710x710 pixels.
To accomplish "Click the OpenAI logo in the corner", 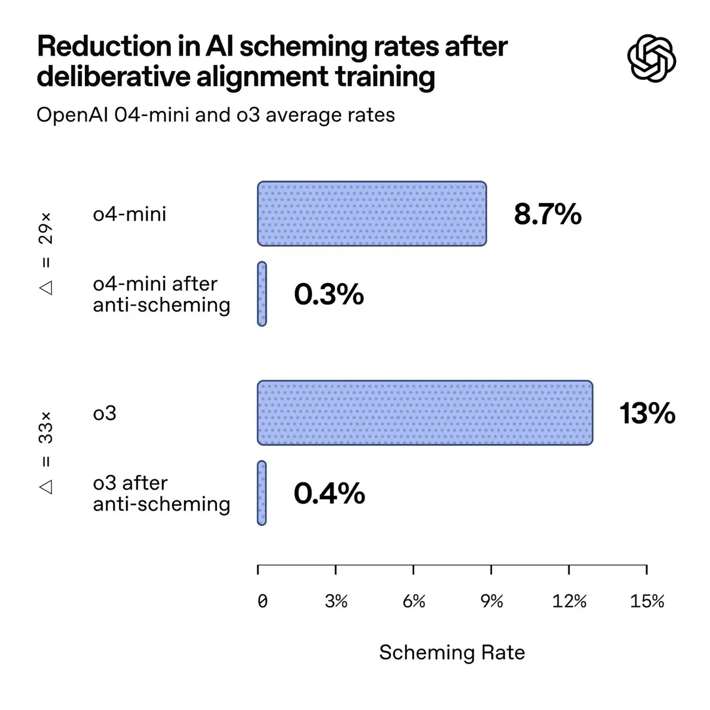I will click(x=652, y=58).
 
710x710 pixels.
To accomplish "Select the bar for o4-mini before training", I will click(x=372, y=214).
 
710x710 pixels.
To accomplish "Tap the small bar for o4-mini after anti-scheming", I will click(x=262, y=294).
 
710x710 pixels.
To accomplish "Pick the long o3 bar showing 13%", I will click(x=425, y=413).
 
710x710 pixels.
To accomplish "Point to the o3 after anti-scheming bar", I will click(x=262, y=493).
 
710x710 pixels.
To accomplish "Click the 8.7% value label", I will click(x=547, y=214).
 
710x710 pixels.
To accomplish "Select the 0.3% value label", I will click(x=329, y=294).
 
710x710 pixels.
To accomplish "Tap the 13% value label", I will click(x=647, y=414).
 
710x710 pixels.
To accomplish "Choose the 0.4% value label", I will click(x=329, y=493).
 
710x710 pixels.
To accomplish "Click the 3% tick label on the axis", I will click(x=336, y=601).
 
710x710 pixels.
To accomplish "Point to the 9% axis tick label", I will click(x=491, y=601).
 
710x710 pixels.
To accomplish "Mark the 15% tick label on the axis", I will click(x=647, y=601).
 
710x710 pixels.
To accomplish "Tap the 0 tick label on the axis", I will click(x=262, y=601).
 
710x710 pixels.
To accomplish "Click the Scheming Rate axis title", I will click(x=452, y=652).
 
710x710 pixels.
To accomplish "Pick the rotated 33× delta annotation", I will click(x=46, y=453).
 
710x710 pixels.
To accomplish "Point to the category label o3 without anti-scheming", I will click(x=105, y=414).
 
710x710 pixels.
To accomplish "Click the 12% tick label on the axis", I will click(x=569, y=601).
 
